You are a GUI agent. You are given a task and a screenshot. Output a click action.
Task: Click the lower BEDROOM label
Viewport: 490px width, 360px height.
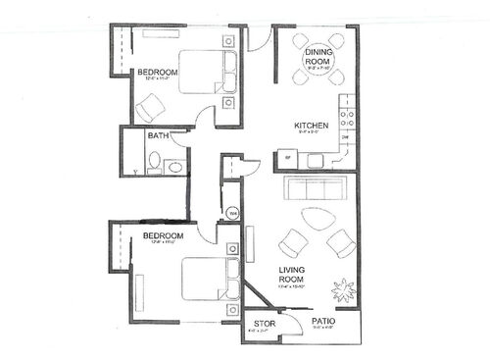(x=163, y=236)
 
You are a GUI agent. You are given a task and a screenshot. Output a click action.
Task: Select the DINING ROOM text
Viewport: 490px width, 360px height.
(x=321, y=56)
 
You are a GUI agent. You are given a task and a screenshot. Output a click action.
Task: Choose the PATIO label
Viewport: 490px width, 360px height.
(x=324, y=321)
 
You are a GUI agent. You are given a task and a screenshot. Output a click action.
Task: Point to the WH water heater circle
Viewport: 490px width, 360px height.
(x=233, y=213)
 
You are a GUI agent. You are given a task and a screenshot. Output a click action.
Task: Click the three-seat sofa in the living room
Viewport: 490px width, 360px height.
(x=313, y=188)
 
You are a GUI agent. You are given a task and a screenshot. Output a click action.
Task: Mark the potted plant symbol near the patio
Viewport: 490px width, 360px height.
(x=344, y=292)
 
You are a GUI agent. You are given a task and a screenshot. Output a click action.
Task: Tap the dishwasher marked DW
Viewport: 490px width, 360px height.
(x=345, y=138)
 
